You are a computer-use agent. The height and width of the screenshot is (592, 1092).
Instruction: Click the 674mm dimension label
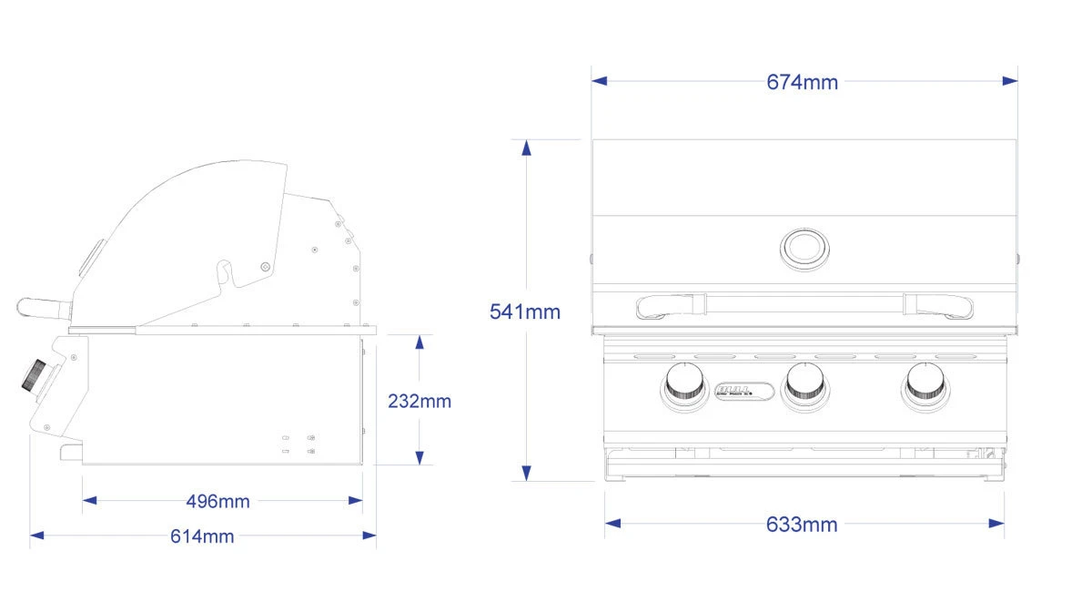point(802,82)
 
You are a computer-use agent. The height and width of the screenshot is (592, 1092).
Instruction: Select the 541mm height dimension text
point(525,311)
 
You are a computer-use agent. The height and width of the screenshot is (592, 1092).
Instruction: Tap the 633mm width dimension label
point(802,524)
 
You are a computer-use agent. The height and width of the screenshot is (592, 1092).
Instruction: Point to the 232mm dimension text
point(420,401)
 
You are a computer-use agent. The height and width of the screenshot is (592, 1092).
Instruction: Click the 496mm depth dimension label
point(217,501)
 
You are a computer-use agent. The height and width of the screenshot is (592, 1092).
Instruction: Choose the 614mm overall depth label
point(202,536)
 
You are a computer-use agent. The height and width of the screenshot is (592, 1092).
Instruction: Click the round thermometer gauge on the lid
point(804,247)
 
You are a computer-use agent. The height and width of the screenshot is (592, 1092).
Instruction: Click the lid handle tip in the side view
point(25,308)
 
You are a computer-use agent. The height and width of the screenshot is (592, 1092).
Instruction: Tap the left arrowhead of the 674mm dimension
point(599,81)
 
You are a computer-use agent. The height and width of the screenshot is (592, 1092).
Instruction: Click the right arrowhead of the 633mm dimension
point(997,524)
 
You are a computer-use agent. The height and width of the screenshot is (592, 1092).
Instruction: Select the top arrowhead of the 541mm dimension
point(526,148)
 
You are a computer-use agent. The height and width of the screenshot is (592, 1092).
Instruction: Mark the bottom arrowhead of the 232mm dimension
point(420,457)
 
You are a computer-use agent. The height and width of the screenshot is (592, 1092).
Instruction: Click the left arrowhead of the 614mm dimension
point(37,536)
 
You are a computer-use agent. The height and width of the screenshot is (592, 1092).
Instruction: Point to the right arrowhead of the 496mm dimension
point(356,500)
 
